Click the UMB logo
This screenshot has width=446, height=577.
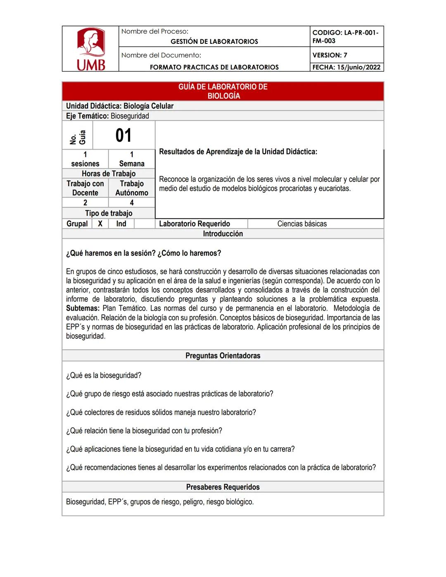tap(91, 49)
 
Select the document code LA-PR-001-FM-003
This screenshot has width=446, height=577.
tap(345, 36)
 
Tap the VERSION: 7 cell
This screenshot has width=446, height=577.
tap(330, 55)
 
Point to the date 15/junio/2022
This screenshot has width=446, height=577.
tap(358, 67)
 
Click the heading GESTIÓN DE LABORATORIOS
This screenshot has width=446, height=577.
tap(214, 41)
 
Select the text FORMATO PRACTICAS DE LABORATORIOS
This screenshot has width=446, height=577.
tap(214, 67)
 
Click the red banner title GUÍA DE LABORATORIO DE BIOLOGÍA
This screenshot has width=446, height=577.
tap(223, 91)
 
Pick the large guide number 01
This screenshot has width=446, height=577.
tap(123, 135)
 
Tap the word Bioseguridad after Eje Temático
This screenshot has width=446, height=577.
tap(130, 116)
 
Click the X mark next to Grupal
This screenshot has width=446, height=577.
tap(100, 224)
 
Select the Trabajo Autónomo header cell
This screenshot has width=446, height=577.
tap(132, 188)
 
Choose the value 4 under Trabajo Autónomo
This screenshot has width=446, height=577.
tap(132, 203)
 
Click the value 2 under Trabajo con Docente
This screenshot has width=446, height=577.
tap(85, 203)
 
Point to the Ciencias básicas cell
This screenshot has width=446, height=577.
tap(302, 224)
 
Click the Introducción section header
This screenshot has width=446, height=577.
tap(223, 234)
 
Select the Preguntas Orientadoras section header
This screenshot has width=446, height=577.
tap(223, 356)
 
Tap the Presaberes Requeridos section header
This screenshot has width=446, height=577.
tap(223, 487)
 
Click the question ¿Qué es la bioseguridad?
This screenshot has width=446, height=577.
tap(104, 375)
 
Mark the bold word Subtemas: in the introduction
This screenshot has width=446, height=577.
tap(83, 309)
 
